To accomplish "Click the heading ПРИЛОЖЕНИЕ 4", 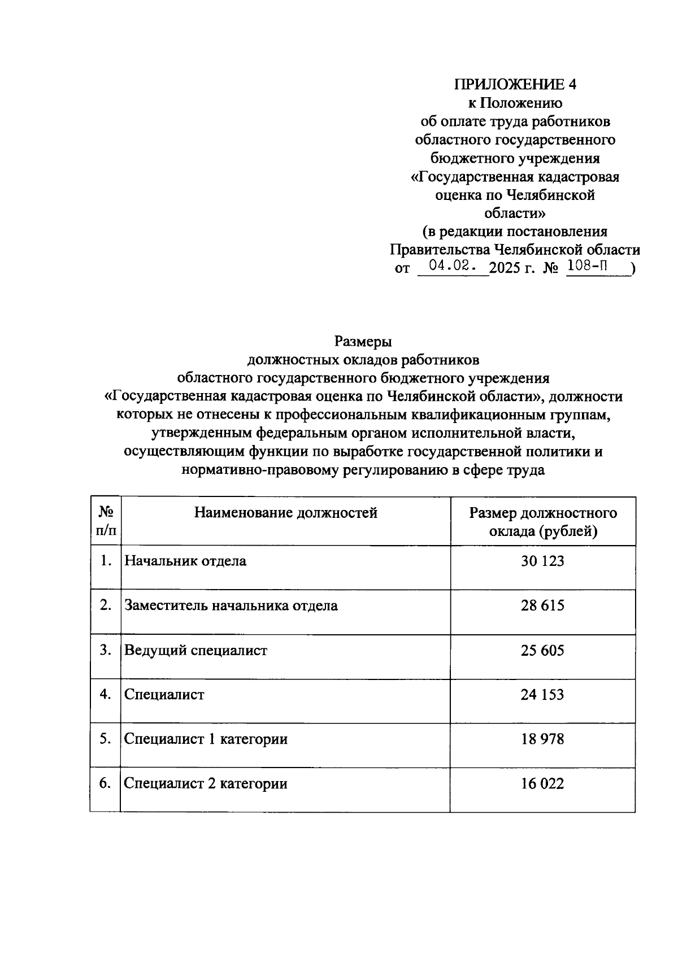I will coord(515,85).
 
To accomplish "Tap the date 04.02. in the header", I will coord(452,266).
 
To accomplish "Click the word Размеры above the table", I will coord(363,342).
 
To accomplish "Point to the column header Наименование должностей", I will coord(286,513).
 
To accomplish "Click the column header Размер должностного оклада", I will coord(543,522).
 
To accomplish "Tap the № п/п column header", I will coord(106,521).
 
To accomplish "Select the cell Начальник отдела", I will coord(185,561).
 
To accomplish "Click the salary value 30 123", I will coord(542,561).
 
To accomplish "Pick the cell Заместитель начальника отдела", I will coord(231,606).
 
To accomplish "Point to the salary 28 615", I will coord(542,606).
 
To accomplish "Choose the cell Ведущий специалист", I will coord(195,651).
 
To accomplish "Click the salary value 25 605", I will coord(542,651).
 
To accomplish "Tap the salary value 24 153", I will coord(542,695).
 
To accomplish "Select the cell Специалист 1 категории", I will coord(206,739).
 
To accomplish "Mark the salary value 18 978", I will coord(542,739).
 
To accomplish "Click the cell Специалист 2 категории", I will coord(206,784).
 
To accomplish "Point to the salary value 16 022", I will coord(542,784).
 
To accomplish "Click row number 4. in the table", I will coord(105,694).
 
